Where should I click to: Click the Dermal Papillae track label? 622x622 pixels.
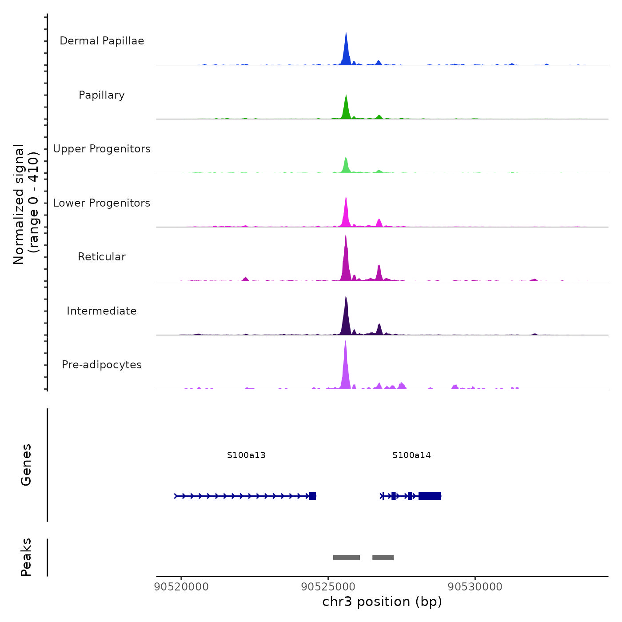tap(102, 41)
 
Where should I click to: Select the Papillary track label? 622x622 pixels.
tap(102, 95)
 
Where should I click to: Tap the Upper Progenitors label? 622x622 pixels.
tap(102, 149)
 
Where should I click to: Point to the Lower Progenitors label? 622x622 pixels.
tap(102, 203)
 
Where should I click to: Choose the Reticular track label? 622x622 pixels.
tap(102, 257)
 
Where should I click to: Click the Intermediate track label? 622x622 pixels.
tap(102, 311)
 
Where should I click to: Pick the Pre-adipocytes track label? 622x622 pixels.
tap(102, 365)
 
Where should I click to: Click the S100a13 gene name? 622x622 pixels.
tap(246, 455)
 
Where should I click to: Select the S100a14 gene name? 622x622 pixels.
tap(411, 455)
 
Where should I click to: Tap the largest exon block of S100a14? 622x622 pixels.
tap(430, 496)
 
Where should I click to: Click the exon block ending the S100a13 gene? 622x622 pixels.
tap(312, 496)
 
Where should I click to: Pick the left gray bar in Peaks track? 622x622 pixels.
tap(347, 558)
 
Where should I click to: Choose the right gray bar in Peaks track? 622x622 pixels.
tap(383, 558)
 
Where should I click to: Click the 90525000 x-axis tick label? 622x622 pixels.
tap(328, 587)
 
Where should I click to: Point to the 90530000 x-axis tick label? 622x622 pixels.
tap(475, 587)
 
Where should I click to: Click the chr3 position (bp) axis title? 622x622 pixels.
tap(382, 602)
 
